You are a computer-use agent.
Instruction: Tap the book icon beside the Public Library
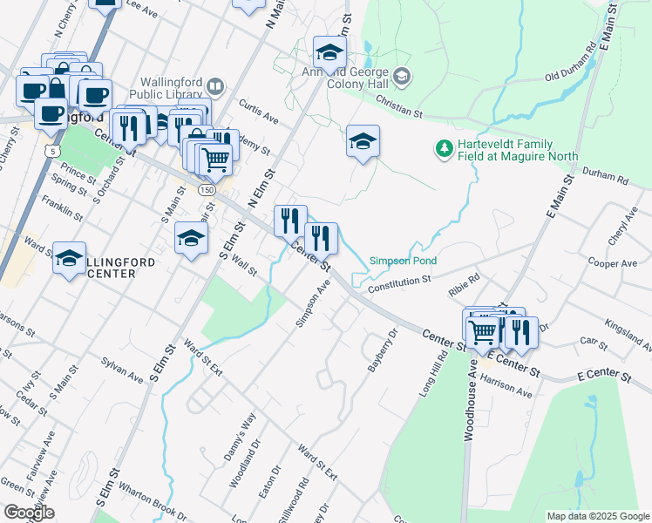(x=214, y=87)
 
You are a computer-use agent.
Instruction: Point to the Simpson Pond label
(x=402, y=261)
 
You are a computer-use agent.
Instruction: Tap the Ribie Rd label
(x=464, y=285)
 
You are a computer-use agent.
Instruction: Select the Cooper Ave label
(x=613, y=262)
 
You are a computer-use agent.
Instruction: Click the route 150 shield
(x=207, y=189)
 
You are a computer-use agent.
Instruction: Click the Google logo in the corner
(x=30, y=513)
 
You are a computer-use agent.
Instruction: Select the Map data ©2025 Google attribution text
(x=597, y=516)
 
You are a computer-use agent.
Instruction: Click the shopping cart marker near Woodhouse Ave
(x=481, y=330)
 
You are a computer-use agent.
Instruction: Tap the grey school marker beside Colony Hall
(x=401, y=77)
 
